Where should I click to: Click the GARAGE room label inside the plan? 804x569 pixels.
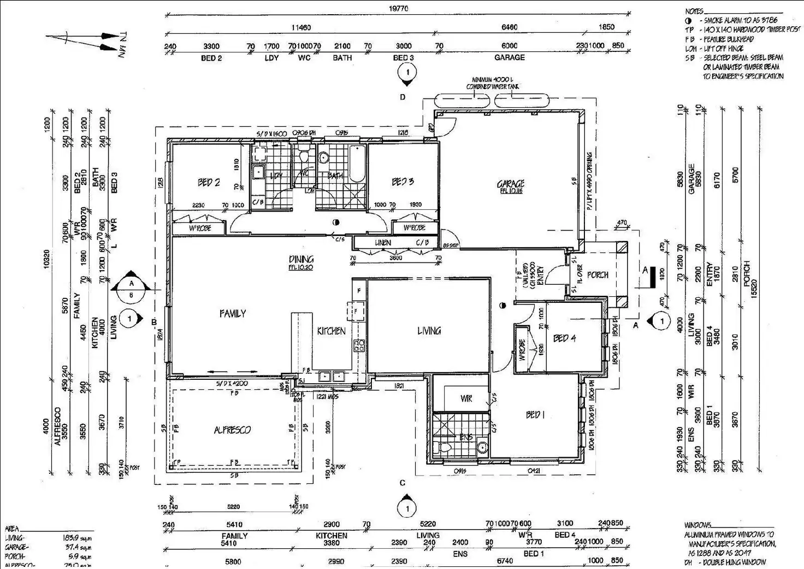510,184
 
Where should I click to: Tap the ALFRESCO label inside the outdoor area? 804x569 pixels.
232,430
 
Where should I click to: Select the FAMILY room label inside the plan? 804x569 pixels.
233,314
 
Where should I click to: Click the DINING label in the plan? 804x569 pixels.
301,259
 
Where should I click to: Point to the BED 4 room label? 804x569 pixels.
564,338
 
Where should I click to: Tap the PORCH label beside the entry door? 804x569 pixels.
598,275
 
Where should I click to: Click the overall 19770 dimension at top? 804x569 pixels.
398,9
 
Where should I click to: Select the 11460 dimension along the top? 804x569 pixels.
300,27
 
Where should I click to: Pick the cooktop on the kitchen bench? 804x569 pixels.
359,345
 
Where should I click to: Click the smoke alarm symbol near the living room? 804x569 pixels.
501,306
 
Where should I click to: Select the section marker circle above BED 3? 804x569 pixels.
407,72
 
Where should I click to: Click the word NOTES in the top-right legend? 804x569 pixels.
695,11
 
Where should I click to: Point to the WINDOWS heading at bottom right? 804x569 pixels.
698,525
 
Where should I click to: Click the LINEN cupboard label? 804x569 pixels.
382,243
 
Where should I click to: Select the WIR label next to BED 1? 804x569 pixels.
466,399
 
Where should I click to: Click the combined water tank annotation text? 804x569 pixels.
492,84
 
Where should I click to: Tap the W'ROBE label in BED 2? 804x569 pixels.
199,228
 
